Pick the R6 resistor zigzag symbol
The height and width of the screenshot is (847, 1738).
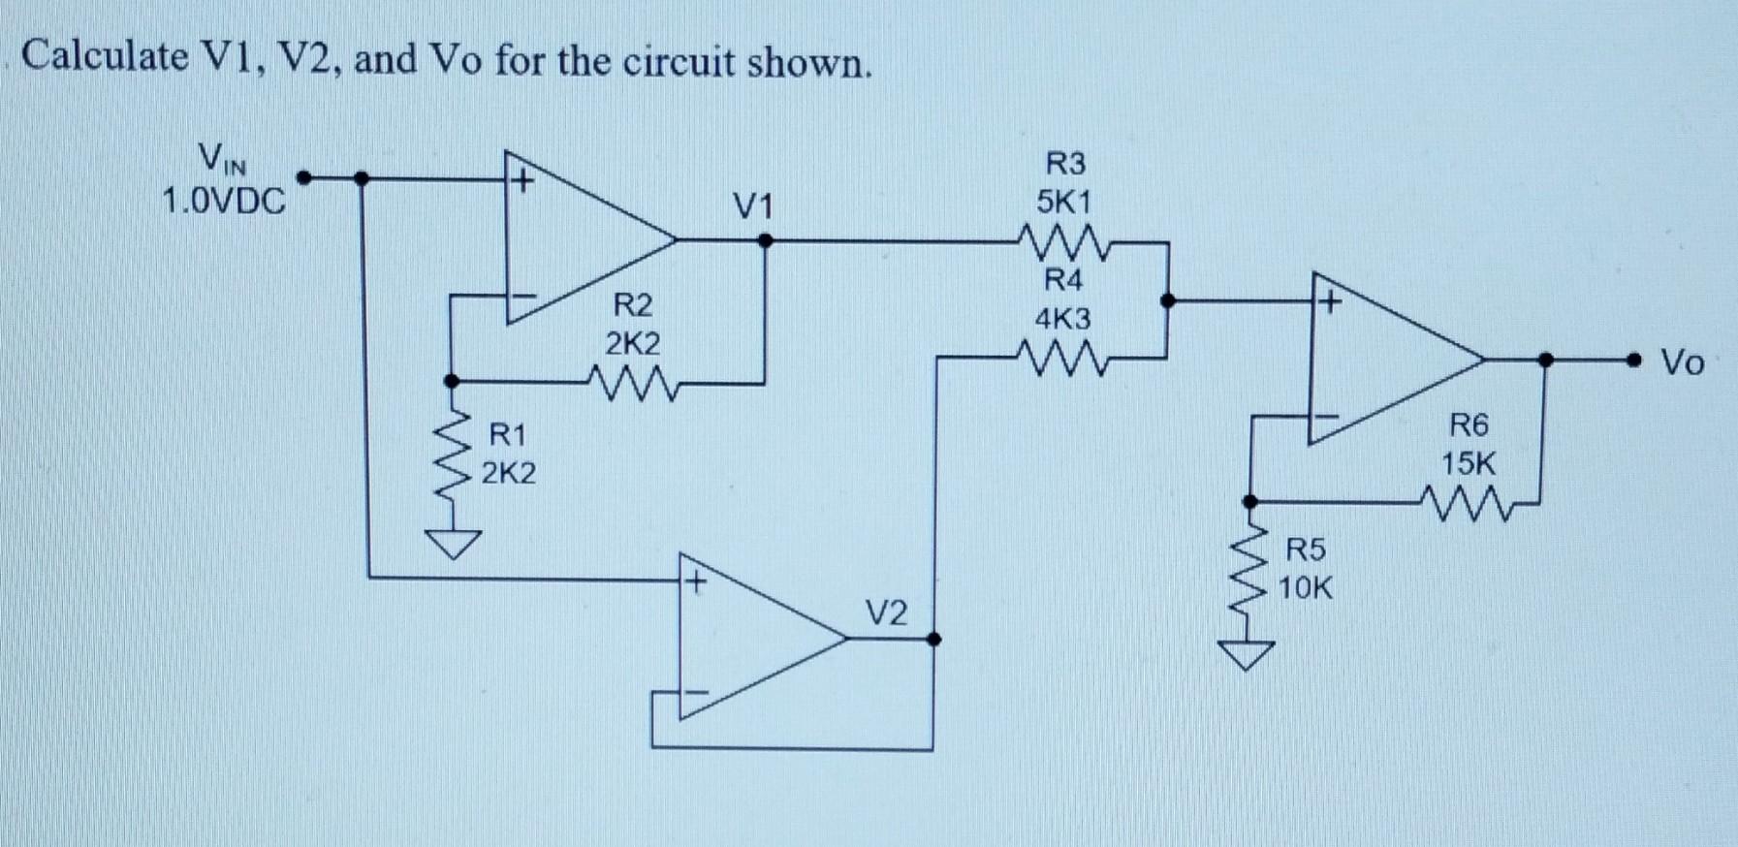[x=1469, y=504]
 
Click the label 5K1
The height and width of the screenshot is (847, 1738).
[x=1063, y=203]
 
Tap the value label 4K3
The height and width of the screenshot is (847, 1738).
[x=1062, y=319]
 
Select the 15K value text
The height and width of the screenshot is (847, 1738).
[x=1468, y=464]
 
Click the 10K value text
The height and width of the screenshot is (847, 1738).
[x=1305, y=588]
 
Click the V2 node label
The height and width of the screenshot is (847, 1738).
[x=886, y=613]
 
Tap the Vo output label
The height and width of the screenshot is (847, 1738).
[x=1682, y=362]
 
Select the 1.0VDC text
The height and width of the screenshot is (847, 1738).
[x=224, y=202]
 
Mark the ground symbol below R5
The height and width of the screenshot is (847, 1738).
[x=1250, y=655]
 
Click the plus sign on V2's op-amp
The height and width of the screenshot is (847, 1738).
[x=694, y=582]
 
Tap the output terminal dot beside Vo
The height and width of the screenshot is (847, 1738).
[x=1635, y=361]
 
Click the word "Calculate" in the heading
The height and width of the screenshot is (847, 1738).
[x=105, y=57]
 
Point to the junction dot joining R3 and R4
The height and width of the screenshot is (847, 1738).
[x=1168, y=301]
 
